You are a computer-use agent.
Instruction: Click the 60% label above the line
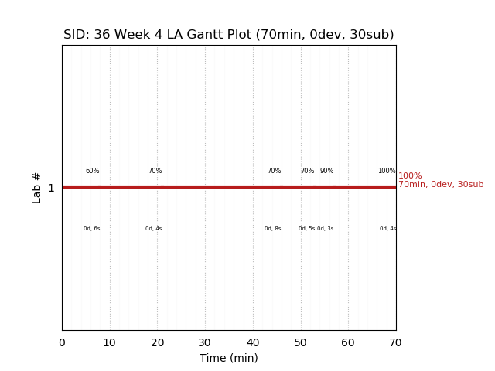coord(92,171)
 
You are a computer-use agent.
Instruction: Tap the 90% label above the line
coord(326,171)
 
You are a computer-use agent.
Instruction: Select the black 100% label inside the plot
coord(386,171)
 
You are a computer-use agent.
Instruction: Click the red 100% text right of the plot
coord(410,176)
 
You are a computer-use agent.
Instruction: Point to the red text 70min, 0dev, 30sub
coord(441,185)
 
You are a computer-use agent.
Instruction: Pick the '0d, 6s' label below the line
coord(92,229)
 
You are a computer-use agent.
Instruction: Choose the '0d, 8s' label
coord(272,229)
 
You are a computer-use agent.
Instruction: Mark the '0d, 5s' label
coord(306,229)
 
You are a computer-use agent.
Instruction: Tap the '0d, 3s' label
coord(326,229)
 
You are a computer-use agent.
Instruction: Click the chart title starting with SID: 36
coord(229,35)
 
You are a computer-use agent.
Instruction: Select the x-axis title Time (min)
coord(229,358)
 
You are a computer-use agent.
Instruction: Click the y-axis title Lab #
coord(37,188)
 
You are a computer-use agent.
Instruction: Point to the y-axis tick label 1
coord(51,188)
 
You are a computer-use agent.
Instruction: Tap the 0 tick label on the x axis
coord(62,342)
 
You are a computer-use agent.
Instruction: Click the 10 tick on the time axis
coord(110,342)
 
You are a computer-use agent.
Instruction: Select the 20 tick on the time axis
coord(157,342)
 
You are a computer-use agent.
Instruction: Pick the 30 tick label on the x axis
coord(205,342)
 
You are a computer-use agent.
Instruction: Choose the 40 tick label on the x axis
coord(253,342)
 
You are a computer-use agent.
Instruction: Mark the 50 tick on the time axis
coord(300,342)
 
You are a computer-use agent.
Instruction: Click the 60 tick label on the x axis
coord(348,342)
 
